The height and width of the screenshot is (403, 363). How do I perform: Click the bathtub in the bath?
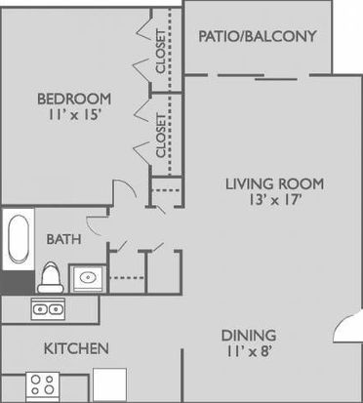19,238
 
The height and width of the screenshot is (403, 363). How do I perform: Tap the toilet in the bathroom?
51,277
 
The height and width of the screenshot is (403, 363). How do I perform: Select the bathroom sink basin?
88,278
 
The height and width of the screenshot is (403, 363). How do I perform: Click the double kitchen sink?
48,308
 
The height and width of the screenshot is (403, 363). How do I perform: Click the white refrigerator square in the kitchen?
109,384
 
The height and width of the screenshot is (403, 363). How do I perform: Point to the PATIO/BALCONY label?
258,36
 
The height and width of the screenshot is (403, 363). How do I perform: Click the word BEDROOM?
74,99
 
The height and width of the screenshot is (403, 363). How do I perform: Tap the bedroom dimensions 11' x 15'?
75,115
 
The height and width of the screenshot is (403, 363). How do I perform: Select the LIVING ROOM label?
275,184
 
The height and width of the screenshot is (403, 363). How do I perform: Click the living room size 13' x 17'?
273,200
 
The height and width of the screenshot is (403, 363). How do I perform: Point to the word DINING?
249,336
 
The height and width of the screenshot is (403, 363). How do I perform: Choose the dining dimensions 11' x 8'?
249,351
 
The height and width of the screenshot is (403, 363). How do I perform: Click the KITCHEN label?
76,348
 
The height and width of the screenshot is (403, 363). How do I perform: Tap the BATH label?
63,239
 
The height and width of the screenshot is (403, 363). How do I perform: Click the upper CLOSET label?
161,52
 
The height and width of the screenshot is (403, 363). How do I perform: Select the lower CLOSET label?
161,136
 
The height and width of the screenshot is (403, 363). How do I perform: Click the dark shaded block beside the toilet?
18,282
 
